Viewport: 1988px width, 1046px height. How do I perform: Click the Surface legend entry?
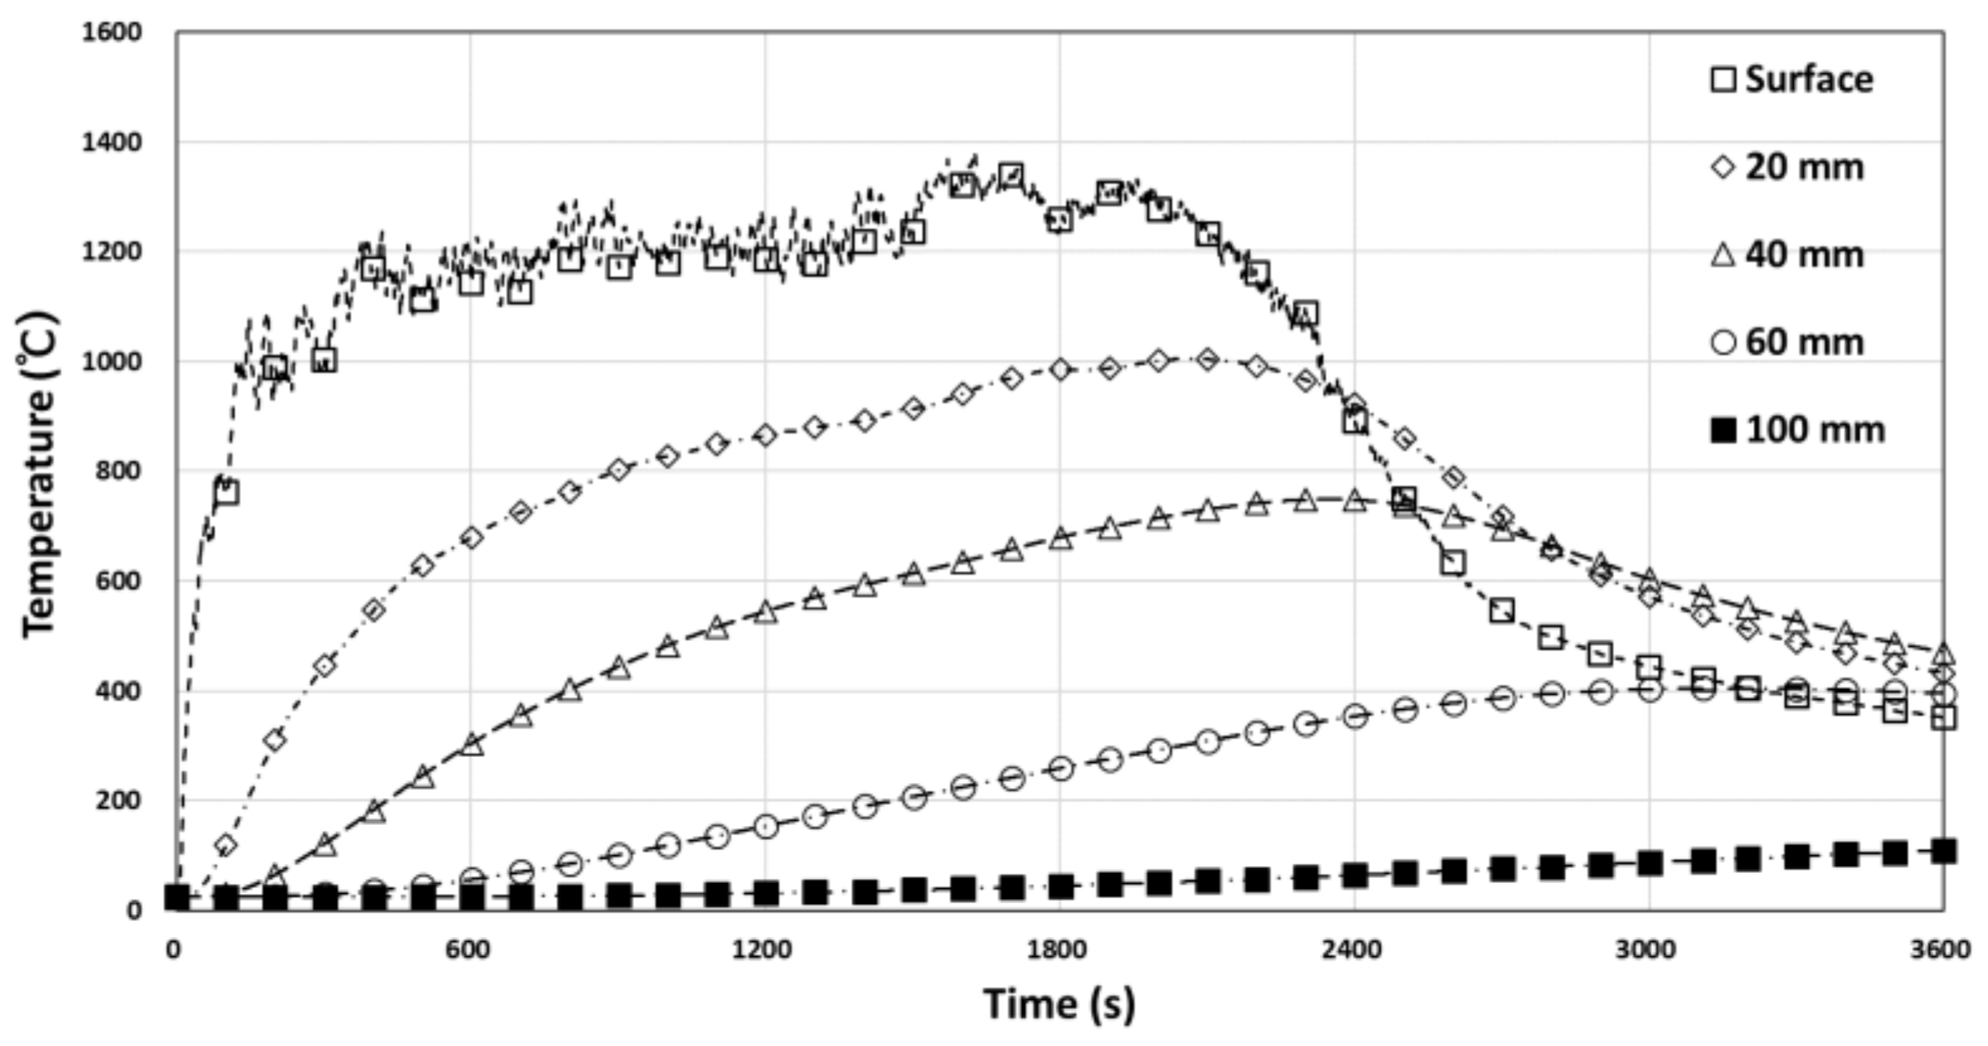point(1792,80)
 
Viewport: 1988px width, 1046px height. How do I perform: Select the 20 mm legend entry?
point(1787,167)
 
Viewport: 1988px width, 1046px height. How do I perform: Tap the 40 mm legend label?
point(1787,255)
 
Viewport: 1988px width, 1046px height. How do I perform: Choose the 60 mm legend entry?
point(1787,342)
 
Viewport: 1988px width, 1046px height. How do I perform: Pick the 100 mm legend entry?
point(1797,430)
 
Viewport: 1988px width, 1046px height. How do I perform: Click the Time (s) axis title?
point(1058,1003)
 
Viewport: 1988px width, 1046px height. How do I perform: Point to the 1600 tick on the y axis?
point(113,33)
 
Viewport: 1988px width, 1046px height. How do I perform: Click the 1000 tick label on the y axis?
point(113,362)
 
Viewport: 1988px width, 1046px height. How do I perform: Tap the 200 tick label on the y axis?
point(118,801)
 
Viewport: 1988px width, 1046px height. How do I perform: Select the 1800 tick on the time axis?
point(1058,950)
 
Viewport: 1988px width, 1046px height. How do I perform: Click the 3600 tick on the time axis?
point(1944,950)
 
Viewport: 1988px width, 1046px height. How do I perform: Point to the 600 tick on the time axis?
point(468,950)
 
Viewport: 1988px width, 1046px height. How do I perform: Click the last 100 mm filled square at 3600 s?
point(1943,851)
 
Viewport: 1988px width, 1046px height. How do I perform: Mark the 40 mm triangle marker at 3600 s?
point(1943,654)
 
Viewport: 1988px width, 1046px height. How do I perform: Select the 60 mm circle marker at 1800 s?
point(1061,768)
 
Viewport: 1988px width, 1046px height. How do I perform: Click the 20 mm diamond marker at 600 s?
point(472,538)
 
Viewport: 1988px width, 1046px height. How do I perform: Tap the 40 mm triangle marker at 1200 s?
point(766,612)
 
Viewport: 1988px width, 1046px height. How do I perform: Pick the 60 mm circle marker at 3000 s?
point(1650,691)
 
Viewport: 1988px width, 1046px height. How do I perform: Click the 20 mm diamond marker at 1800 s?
point(1060,370)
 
